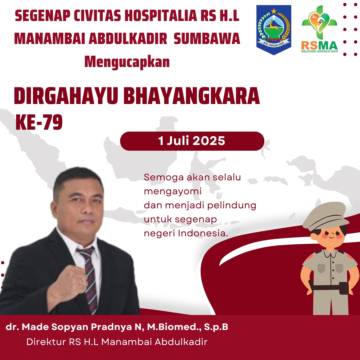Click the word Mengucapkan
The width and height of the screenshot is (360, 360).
tap(127, 62)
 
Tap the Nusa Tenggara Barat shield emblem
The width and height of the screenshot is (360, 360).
tap(274, 30)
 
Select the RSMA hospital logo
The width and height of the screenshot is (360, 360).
tap(319, 29)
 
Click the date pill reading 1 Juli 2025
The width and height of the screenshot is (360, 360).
tap(192, 141)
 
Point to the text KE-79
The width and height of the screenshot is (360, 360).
tap(39, 122)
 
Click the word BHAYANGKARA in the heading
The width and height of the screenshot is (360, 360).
tap(191, 96)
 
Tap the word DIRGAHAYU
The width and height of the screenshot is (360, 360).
tap(66, 96)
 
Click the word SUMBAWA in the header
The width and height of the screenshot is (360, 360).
tap(207, 39)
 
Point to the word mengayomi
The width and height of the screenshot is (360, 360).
tap(173, 192)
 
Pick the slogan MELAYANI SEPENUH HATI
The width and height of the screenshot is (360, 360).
tap(319, 51)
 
